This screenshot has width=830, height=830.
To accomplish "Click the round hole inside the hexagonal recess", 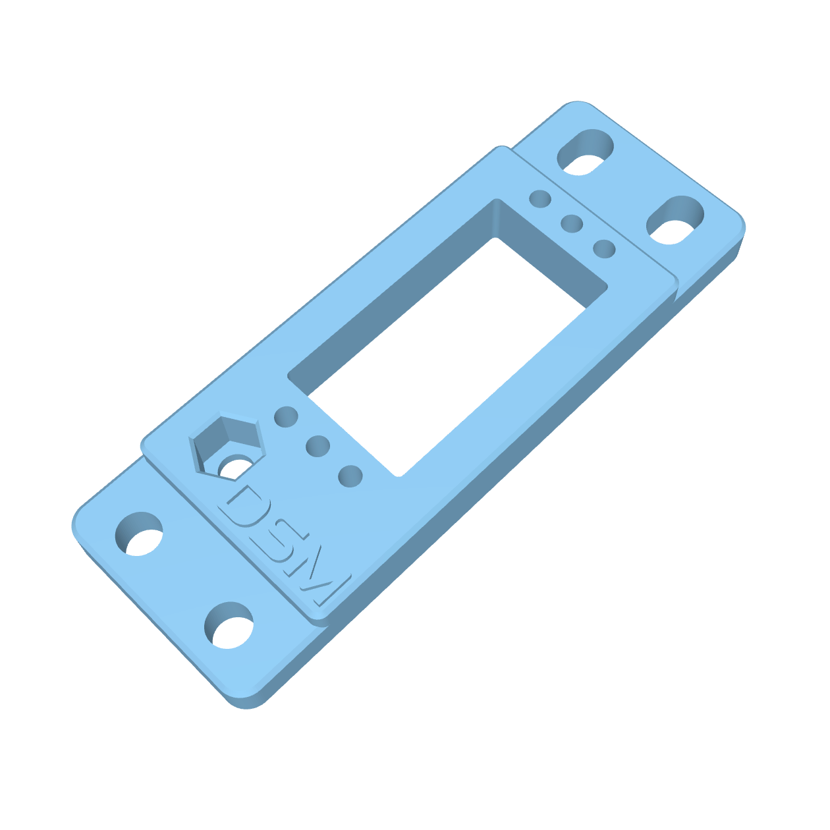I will click(x=232, y=467).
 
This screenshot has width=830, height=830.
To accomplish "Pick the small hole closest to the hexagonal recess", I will click(x=286, y=416).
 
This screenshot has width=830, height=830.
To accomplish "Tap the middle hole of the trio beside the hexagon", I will click(x=318, y=446).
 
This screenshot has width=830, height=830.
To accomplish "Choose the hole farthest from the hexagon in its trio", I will click(x=350, y=476).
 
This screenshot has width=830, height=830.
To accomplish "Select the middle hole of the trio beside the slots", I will click(x=572, y=224).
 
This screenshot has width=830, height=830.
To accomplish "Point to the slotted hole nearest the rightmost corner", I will click(x=675, y=220).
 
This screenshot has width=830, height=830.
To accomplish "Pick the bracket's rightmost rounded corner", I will click(x=742, y=227).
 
